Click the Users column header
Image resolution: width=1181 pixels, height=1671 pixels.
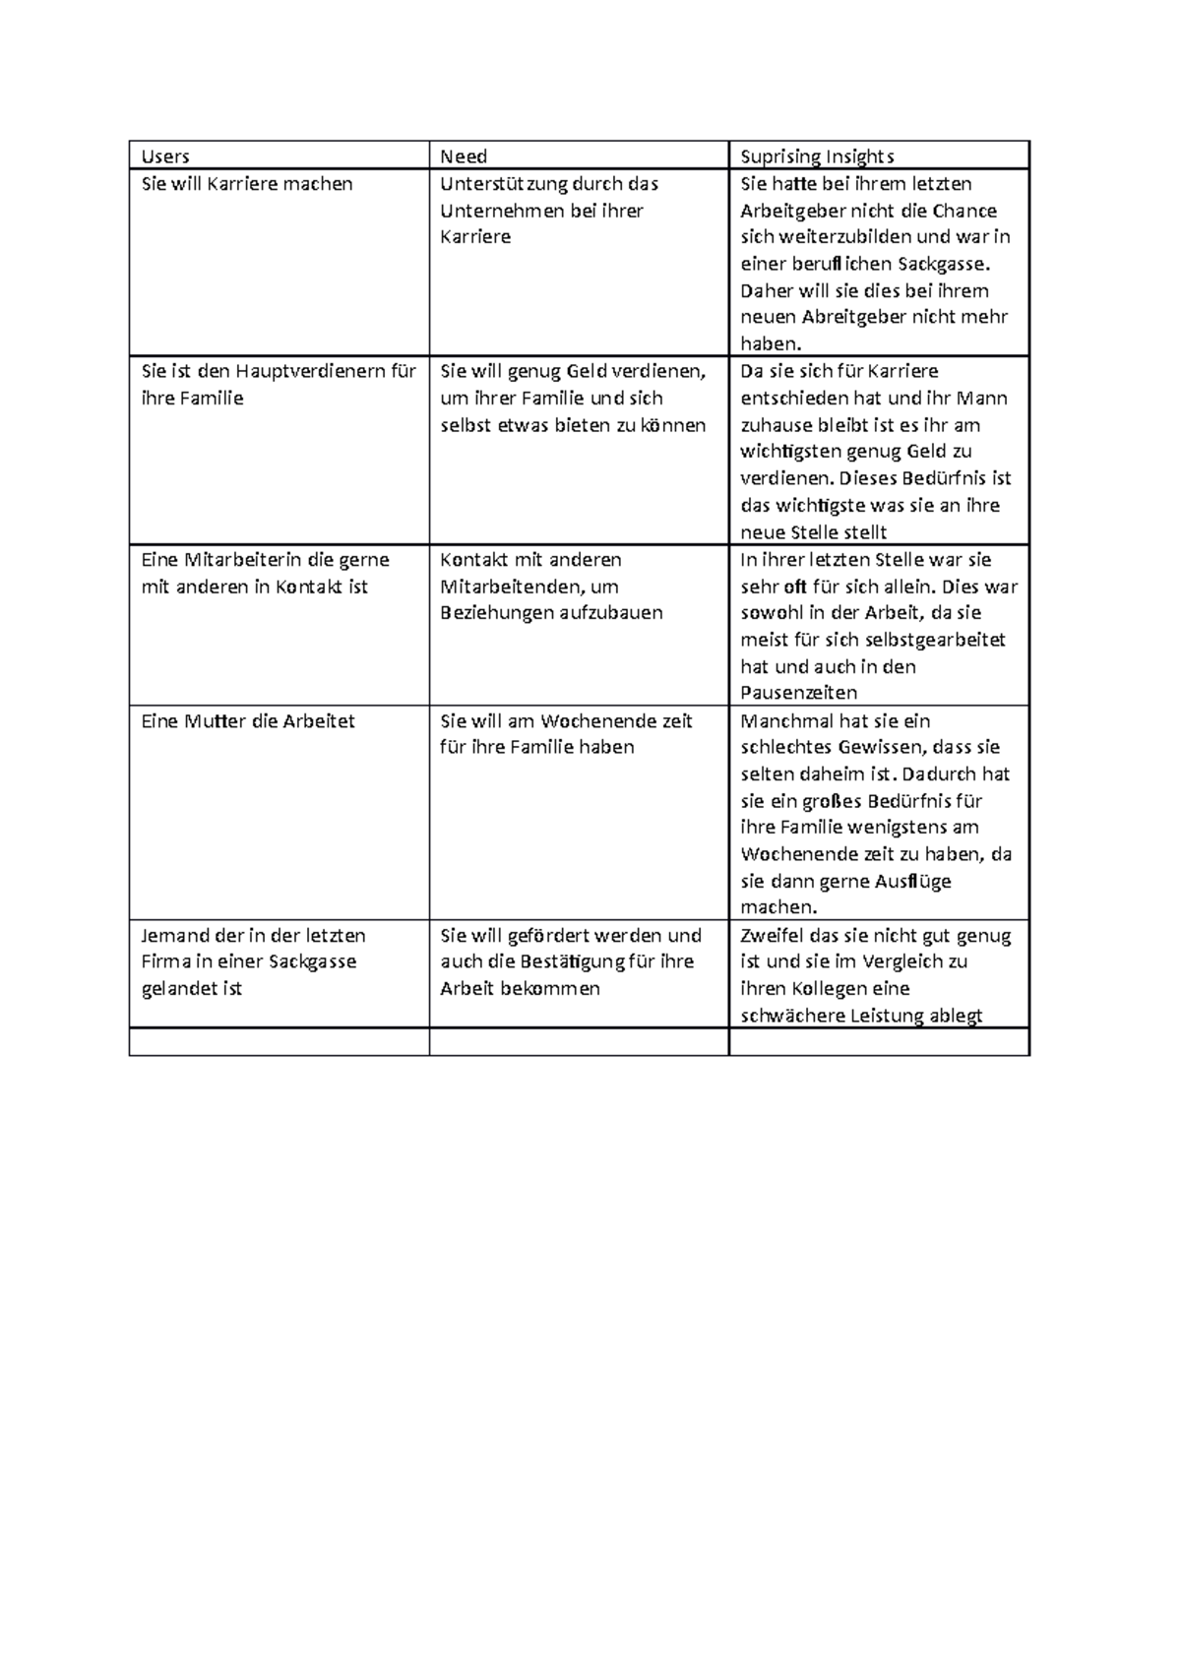pos(165,156)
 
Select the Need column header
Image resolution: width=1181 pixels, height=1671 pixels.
pos(464,156)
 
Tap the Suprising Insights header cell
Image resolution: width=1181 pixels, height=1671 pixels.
pos(817,156)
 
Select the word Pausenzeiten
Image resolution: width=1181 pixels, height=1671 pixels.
pos(798,693)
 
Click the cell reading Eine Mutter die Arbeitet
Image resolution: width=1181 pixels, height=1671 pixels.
pos(248,721)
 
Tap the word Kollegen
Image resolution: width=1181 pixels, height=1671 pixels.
pos(825,989)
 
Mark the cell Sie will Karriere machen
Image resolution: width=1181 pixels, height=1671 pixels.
pos(247,184)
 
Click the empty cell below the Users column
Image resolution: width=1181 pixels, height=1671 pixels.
pos(279,1042)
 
